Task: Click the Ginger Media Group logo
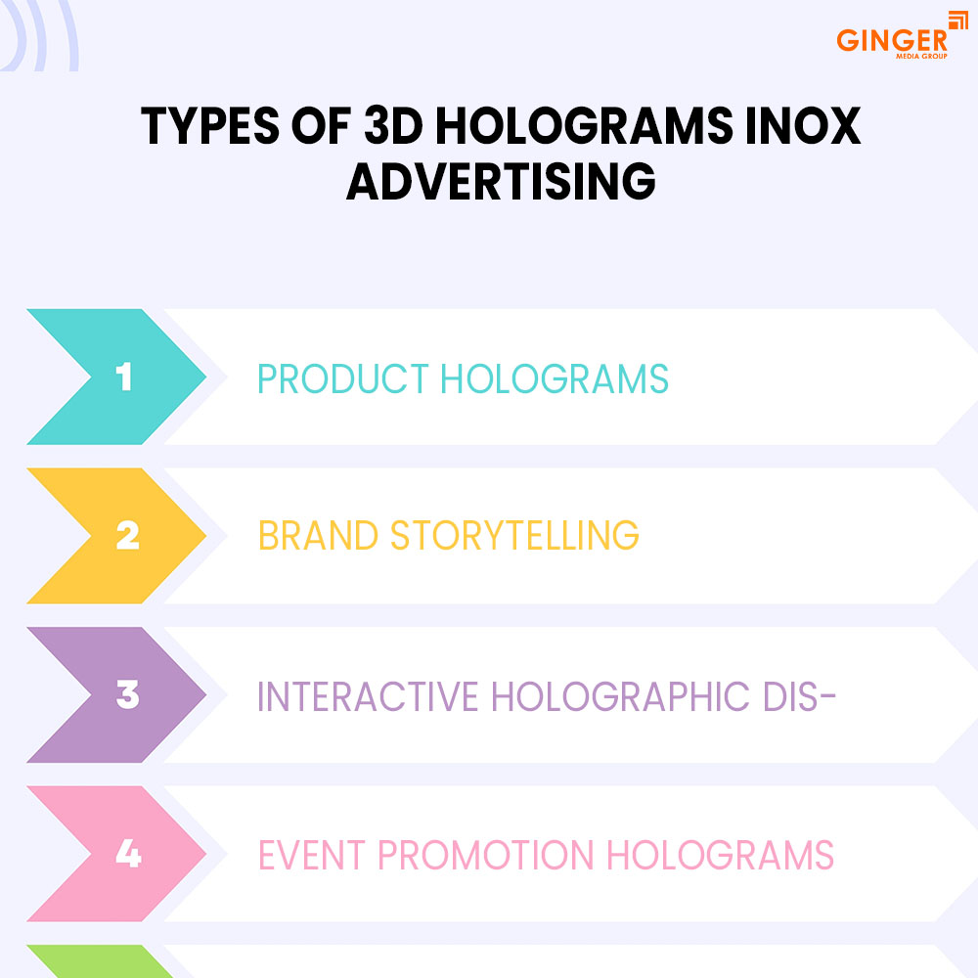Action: (902, 36)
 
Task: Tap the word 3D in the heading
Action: (393, 126)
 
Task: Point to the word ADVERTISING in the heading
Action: (501, 182)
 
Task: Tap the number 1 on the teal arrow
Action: (124, 377)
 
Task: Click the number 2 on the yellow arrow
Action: (128, 536)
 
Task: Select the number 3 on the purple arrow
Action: (128, 694)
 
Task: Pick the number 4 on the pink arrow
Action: (128, 853)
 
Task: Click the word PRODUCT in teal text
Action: (343, 378)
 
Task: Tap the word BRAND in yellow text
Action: (318, 535)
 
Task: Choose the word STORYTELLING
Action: (514, 535)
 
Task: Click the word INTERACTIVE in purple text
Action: (368, 696)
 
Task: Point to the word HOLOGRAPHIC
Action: (621, 696)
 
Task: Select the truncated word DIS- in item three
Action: (800, 696)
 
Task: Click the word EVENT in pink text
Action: (311, 855)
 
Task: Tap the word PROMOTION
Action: (486, 855)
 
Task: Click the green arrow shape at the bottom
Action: (100, 961)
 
